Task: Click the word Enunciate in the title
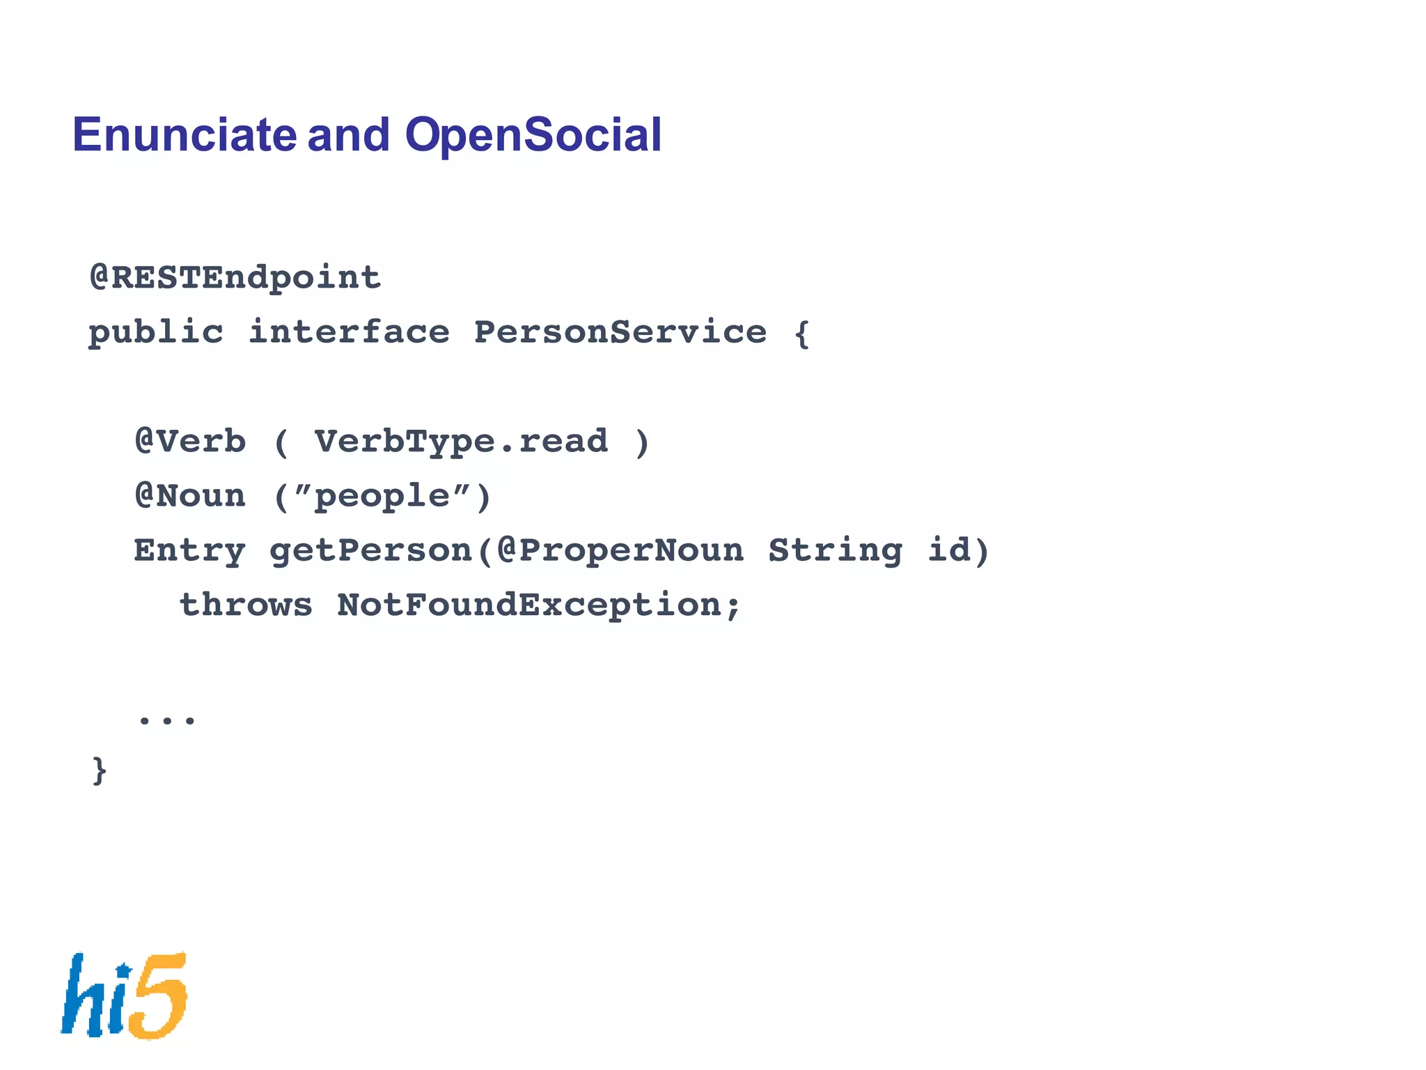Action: tap(185, 134)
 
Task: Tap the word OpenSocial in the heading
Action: tap(533, 134)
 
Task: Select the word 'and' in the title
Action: tap(348, 134)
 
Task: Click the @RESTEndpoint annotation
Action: tap(235, 278)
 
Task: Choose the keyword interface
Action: tap(349, 332)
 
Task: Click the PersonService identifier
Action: tap(620, 332)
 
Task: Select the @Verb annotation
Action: tap(190, 442)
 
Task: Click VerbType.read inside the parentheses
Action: tap(461, 442)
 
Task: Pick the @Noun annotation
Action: tap(190, 496)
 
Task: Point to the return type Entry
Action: tap(189, 551)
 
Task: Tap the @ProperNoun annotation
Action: tap(620, 551)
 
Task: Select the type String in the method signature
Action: tap(835, 551)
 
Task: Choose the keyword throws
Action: tap(246, 605)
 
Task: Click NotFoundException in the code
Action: tap(530, 605)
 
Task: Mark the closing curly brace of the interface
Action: tap(100, 770)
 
